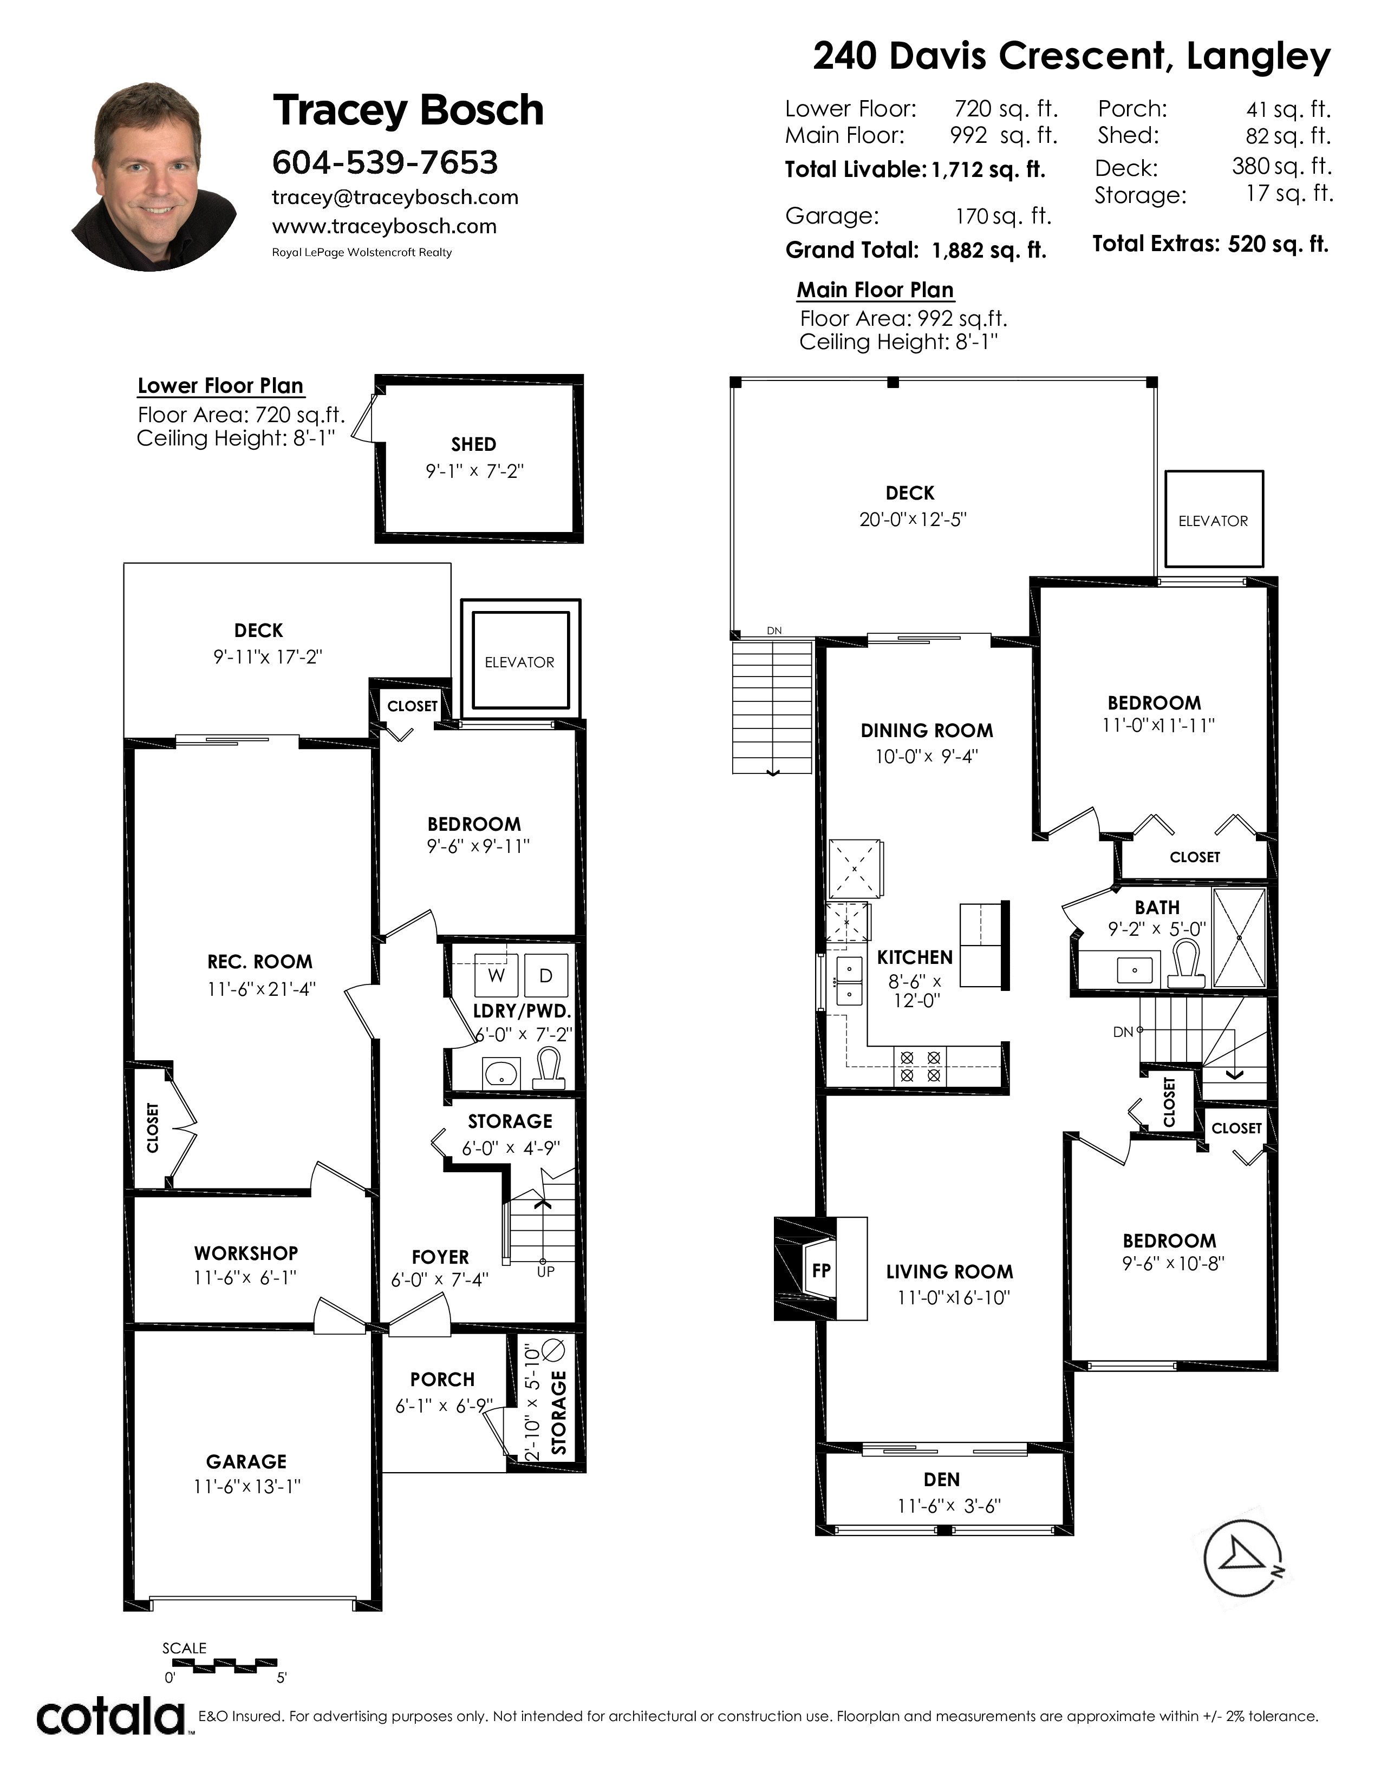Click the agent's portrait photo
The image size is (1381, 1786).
click(x=155, y=176)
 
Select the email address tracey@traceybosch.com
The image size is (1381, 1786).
click(x=395, y=197)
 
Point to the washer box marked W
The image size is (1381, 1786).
click(x=496, y=975)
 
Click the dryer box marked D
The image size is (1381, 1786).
click(x=546, y=975)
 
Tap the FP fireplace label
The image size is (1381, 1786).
click(x=822, y=1270)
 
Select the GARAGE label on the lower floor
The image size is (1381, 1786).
click(x=246, y=1461)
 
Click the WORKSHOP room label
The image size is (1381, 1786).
click(x=246, y=1253)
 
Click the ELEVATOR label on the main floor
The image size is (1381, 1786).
click(x=1213, y=521)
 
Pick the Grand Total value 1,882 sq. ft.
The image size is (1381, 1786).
click(x=989, y=250)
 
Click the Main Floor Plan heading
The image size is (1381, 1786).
click(x=875, y=290)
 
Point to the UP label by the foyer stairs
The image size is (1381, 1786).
click(x=546, y=1272)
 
